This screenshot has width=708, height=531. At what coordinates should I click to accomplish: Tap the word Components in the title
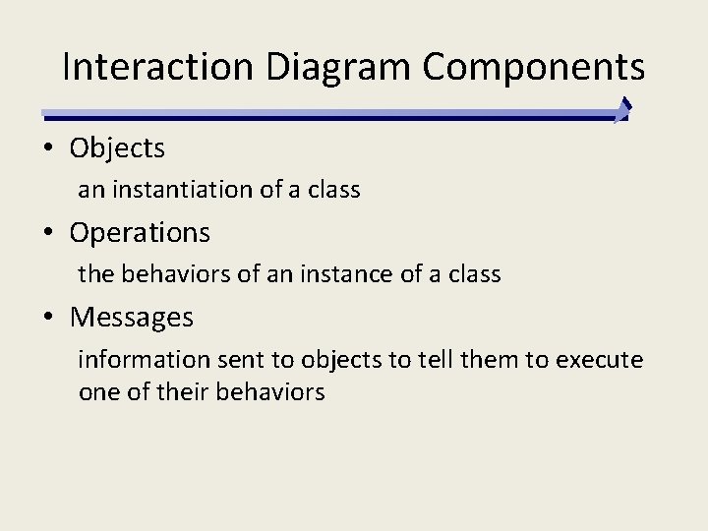(x=534, y=67)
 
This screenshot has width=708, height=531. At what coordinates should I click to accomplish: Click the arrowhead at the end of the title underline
(x=622, y=110)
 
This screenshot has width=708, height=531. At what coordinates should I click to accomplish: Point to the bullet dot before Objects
(x=47, y=149)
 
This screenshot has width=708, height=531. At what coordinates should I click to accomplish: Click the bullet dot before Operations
(x=47, y=234)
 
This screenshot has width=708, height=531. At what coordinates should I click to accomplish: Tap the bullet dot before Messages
(x=47, y=319)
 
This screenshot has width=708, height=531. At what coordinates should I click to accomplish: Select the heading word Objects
(x=117, y=148)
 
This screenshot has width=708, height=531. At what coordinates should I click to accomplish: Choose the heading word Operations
(x=140, y=233)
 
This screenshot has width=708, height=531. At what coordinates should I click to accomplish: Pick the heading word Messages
(x=132, y=318)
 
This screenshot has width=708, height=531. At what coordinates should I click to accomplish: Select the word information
(x=145, y=360)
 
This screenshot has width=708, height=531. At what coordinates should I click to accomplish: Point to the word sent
(x=237, y=360)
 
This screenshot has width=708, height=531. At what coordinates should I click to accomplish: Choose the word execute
(x=599, y=360)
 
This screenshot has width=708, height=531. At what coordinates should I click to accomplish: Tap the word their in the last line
(x=173, y=391)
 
